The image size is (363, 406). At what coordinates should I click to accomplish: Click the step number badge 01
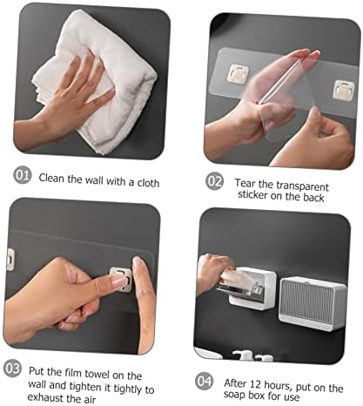[x=22, y=175]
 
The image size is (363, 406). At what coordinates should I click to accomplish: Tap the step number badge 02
[x=215, y=181]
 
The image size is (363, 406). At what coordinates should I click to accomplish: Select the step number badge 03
[x=12, y=369]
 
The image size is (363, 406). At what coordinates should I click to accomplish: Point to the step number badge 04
[x=204, y=381]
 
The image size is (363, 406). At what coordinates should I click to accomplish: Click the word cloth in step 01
[x=148, y=183]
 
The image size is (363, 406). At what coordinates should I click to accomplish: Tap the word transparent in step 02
[x=302, y=186]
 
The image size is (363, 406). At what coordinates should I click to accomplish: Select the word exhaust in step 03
[x=46, y=397]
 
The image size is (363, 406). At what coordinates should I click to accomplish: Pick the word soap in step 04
[x=234, y=395]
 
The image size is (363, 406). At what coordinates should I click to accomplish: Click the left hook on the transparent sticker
[x=239, y=73]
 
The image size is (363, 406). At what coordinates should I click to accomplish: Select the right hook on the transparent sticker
[x=344, y=91]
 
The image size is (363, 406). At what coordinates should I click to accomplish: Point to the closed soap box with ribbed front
[x=313, y=303]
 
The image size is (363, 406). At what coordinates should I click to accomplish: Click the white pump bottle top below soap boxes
[x=243, y=355]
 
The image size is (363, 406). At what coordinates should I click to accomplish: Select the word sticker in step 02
[x=252, y=194]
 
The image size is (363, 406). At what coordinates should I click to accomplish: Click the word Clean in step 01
[x=51, y=178]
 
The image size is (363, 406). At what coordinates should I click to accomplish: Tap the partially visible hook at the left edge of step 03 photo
[x=10, y=259]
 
